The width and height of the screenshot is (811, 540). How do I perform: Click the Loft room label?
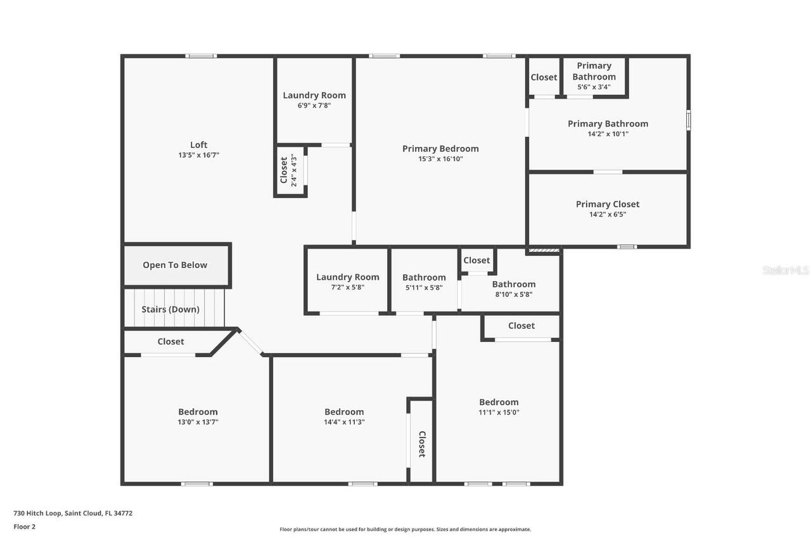point(198,145)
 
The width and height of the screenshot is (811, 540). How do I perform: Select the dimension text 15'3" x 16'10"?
point(440,159)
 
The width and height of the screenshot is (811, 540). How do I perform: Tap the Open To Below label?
point(175,265)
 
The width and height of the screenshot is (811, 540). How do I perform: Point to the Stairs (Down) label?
point(170,310)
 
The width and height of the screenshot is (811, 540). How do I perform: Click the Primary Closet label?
point(608,204)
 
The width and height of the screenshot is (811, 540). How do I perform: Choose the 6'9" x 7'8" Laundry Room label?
point(314,96)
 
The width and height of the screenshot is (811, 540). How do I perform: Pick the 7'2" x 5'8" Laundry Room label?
point(348,277)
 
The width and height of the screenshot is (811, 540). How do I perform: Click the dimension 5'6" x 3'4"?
point(594,87)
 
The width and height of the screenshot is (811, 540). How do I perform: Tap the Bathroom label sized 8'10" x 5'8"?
point(514,284)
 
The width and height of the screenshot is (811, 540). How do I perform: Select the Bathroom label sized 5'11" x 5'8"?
point(424,277)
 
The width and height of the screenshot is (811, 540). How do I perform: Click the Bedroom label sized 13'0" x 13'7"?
point(198,412)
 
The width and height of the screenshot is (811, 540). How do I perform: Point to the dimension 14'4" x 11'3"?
point(344,422)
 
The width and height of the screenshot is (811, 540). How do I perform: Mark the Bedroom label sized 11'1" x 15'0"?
point(499,402)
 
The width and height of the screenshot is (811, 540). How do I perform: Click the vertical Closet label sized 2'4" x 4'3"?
point(284,171)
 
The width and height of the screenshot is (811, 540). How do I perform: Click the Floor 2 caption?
point(25,527)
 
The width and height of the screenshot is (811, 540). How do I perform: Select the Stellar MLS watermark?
point(786,270)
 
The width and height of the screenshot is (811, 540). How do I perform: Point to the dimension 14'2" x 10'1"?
point(608,134)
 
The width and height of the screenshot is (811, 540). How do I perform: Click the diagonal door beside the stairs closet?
point(251,342)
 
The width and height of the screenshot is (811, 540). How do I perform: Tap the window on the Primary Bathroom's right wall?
point(688,120)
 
